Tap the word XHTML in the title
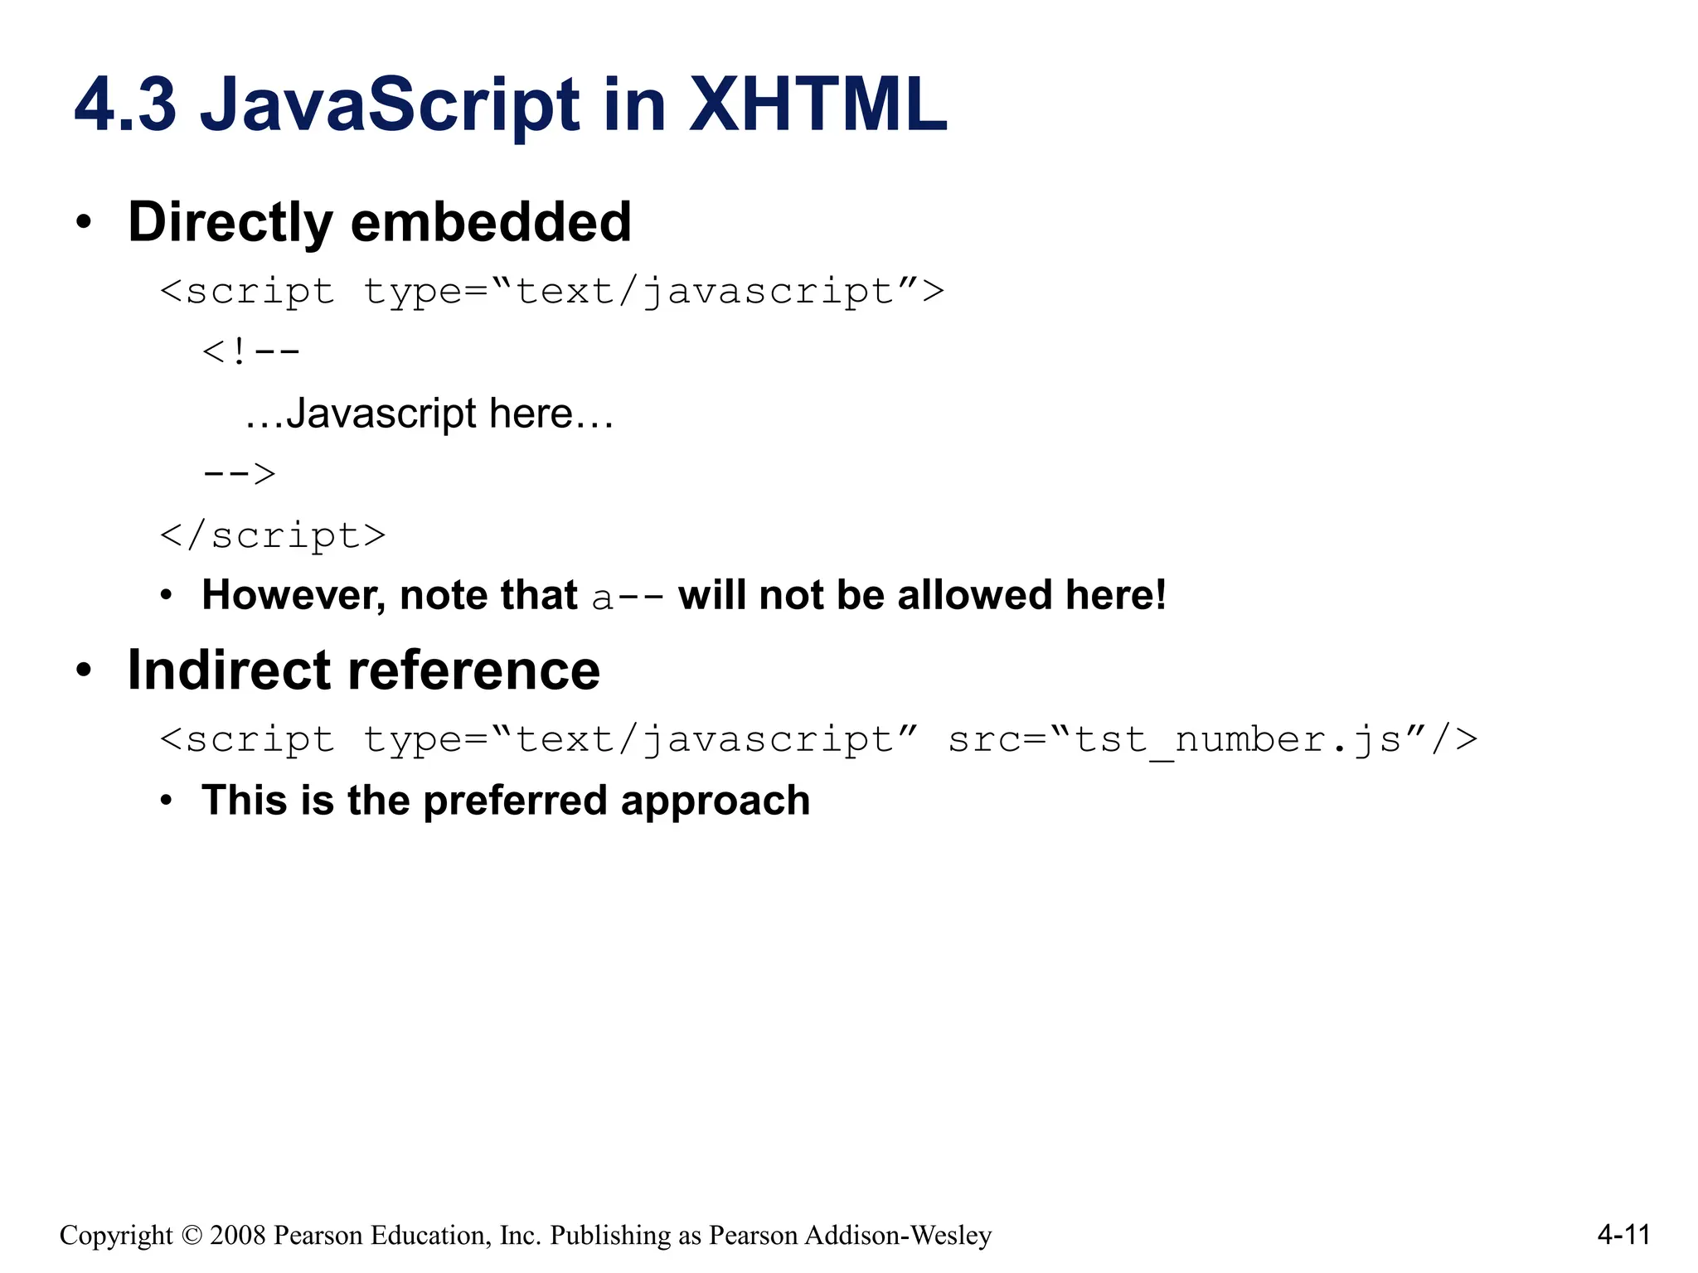pyautogui.click(x=817, y=105)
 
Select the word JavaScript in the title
pyautogui.click(x=391, y=105)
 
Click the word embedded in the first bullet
pyautogui.click(x=491, y=222)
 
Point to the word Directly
pyautogui.click(x=230, y=222)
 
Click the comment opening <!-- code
pyautogui.click(x=251, y=352)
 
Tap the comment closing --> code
pyautogui.click(x=240, y=474)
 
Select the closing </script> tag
pyautogui.click(x=273, y=535)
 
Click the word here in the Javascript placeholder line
pyautogui.click(x=531, y=414)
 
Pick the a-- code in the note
pyautogui.click(x=628, y=597)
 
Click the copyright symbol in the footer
pyautogui.click(x=192, y=1235)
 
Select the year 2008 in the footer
pyautogui.click(x=238, y=1235)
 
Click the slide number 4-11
pyautogui.click(x=1623, y=1235)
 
